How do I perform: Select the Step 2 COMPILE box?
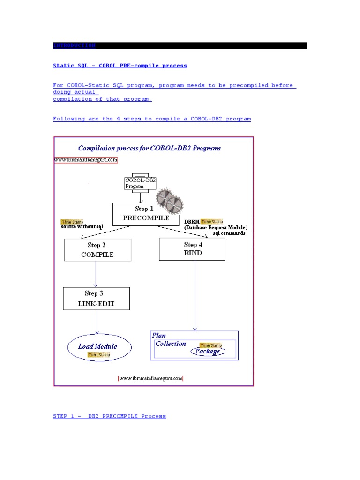[x=97, y=250]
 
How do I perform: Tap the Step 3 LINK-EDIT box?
[x=96, y=298]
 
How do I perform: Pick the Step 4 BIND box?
[x=192, y=248]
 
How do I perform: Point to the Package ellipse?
[x=208, y=352]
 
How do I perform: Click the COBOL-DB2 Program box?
[x=140, y=182]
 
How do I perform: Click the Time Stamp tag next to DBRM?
[x=212, y=222]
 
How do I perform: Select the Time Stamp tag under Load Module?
[x=98, y=355]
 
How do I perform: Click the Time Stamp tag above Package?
[x=210, y=345]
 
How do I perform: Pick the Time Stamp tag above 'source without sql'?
[x=72, y=222]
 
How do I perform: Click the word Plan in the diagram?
[x=159, y=335]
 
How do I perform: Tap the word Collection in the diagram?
[x=171, y=344]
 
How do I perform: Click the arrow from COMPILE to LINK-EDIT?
[x=96, y=274]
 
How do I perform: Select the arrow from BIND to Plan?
[x=195, y=295]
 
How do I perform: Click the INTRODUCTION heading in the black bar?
[x=75, y=45]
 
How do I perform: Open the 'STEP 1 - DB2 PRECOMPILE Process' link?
[x=109, y=416]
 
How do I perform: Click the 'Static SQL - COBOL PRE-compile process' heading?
[x=120, y=66]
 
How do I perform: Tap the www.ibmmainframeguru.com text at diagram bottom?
[x=150, y=378]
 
